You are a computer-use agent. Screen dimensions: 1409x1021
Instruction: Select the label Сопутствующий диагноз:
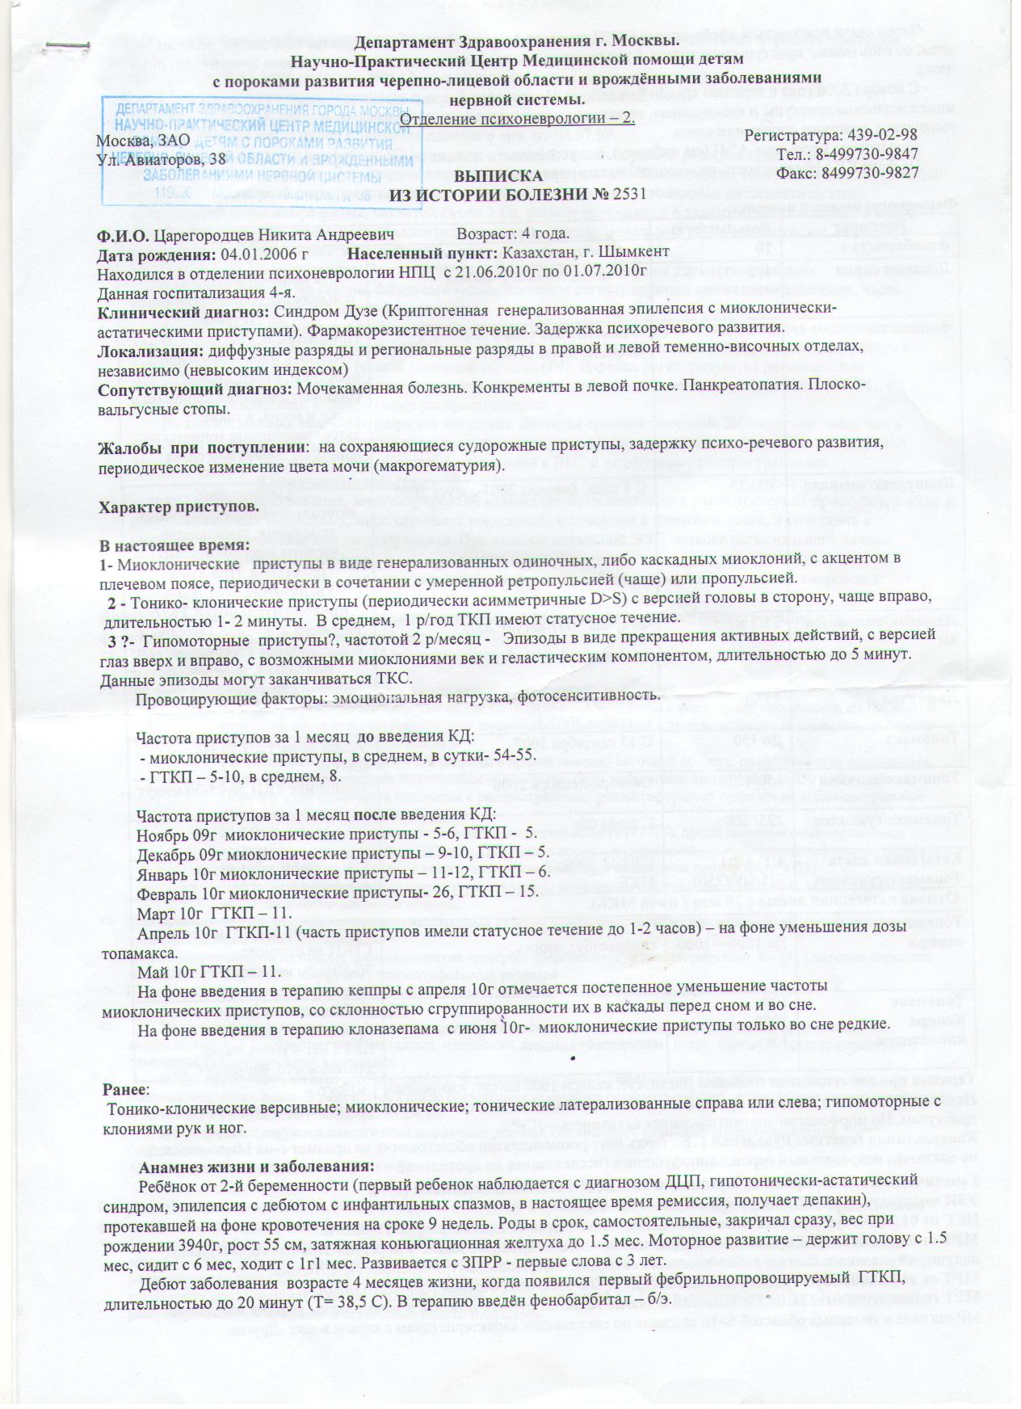[194, 388]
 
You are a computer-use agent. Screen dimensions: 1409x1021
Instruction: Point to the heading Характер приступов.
[178, 507]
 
